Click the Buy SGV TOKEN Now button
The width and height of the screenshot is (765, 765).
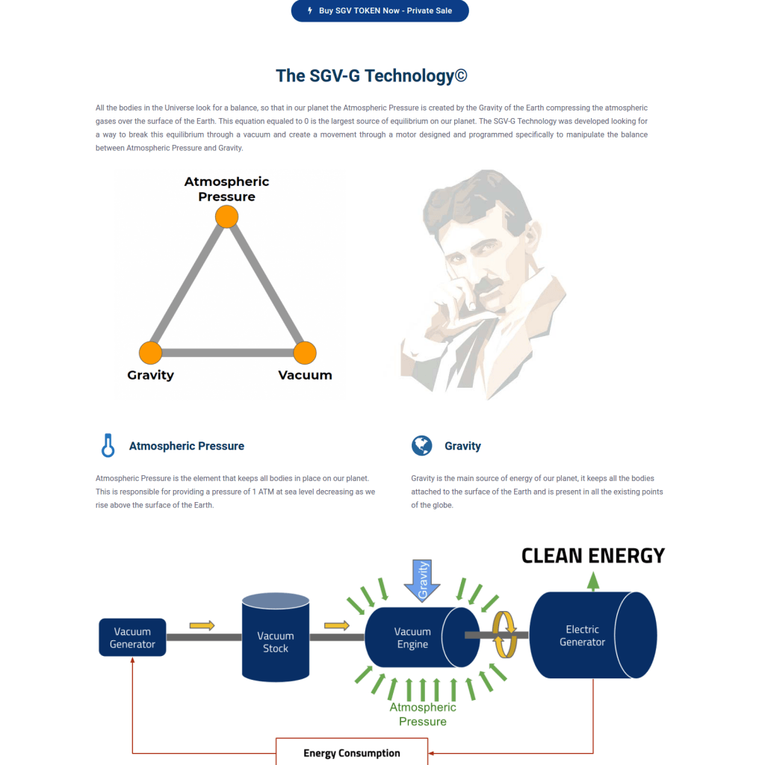coord(380,10)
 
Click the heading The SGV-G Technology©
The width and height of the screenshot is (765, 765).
coord(371,75)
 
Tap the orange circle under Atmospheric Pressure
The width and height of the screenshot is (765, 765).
coord(227,217)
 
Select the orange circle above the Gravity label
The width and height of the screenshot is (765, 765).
coord(150,353)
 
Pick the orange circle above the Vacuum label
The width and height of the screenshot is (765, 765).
coord(305,353)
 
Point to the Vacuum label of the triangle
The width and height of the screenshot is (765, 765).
coord(305,375)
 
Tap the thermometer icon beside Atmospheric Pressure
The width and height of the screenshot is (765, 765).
coord(108,445)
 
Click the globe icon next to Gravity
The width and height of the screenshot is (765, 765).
coord(421,445)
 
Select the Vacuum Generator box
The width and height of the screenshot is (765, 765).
coord(132,637)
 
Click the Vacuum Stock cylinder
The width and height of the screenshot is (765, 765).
coord(276,637)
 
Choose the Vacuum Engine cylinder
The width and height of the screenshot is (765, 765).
coord(422,637)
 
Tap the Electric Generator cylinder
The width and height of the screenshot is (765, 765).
coord(592,635)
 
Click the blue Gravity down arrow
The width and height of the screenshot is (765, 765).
coord(422,580)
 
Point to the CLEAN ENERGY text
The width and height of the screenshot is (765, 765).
coord(592,556)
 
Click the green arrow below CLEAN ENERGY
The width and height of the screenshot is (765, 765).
coord(592,581)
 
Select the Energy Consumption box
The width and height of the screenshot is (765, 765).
coord(352,752)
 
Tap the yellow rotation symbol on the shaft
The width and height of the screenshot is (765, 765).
coord(504,635)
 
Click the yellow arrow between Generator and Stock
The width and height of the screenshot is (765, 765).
coord(202,625)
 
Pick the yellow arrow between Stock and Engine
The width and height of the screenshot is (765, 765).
coord(337,625)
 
